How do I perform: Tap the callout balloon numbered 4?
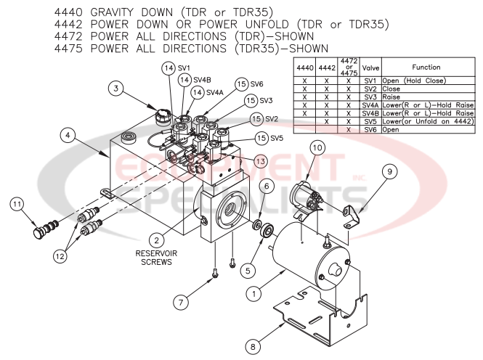tap(66, 134)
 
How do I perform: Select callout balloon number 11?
tap(17, 205)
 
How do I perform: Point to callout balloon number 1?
tap(253, 295)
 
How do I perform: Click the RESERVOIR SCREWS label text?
tap(157, 258)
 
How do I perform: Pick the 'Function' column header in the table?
tap(426, 67)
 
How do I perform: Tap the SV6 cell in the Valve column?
tap(370, 128)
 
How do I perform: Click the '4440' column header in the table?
tap(305, 67)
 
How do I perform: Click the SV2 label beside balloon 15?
tap(272, 119)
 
